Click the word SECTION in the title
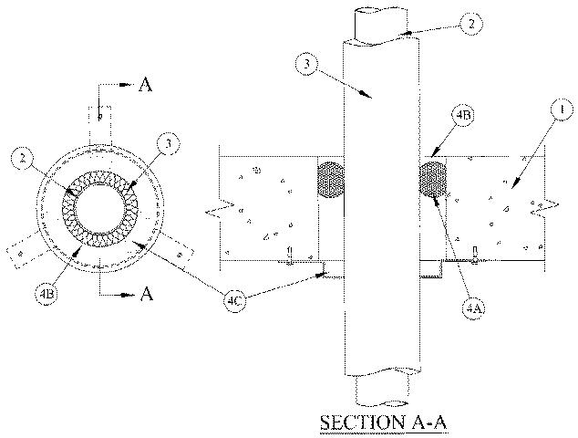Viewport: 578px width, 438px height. click(356, 422)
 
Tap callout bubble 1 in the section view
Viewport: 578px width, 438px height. click(562, 110)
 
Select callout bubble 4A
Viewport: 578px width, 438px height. click(474, 308)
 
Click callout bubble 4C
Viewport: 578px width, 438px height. click(235, 301)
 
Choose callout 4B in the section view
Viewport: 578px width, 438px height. click(463, 115)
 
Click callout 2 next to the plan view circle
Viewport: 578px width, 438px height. click(23, 159)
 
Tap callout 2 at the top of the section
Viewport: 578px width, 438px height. click(470, 24)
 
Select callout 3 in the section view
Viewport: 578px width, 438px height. click(306, 64)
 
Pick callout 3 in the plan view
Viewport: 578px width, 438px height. click(168, 143)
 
